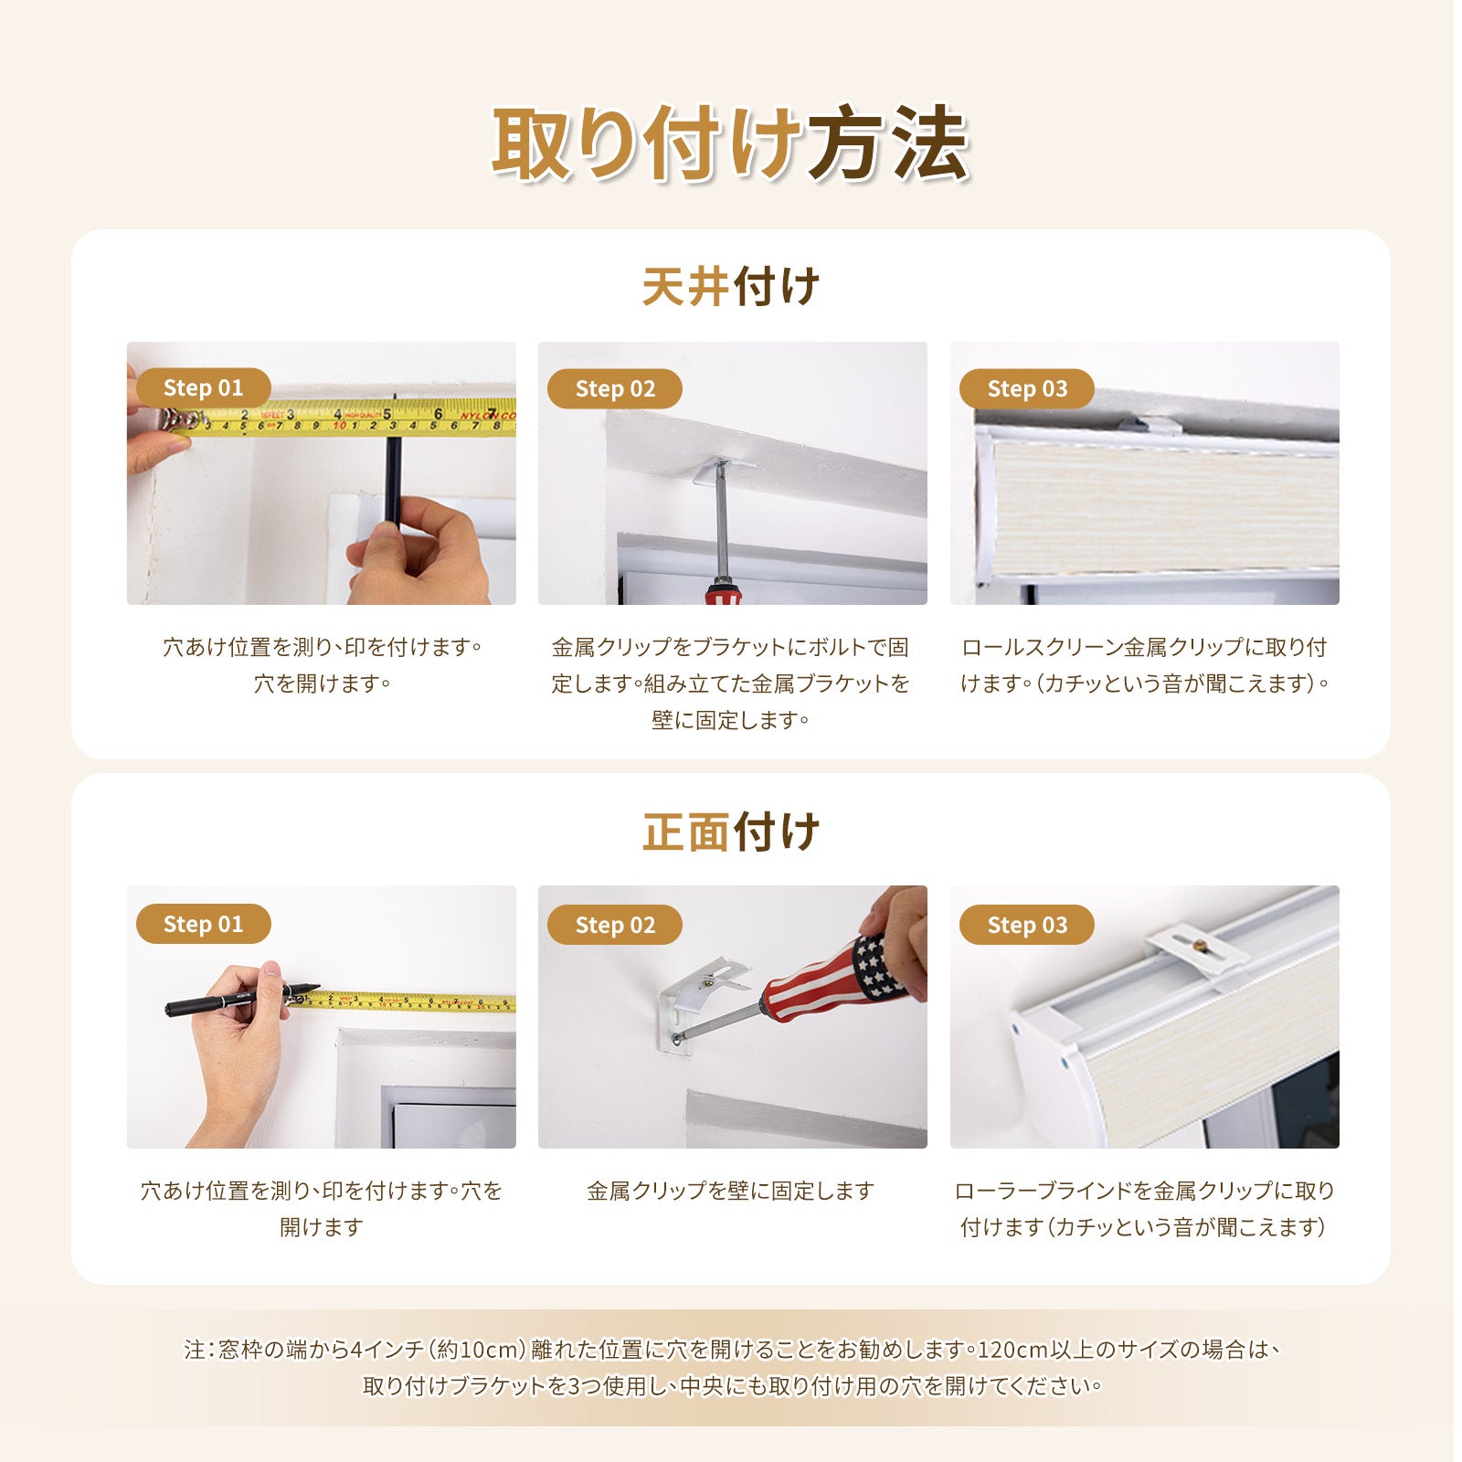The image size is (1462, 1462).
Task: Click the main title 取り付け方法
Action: tap(730, 144)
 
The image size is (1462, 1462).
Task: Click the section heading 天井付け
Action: tap(731, 287)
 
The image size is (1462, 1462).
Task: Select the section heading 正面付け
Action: tap(731, 832)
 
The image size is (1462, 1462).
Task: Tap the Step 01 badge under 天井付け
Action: tap(203, 388)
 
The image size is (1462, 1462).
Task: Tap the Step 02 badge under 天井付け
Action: tap(615, 389)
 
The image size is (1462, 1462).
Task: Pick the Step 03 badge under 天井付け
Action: tap(1027, 389)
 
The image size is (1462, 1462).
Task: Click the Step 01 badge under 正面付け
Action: tap(203, 924)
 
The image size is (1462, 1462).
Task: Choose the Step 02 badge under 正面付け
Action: tap(615, 925)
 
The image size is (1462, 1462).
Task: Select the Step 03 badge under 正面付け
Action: tap(1027, 925)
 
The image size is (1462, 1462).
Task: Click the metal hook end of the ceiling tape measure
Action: tap(181, 421)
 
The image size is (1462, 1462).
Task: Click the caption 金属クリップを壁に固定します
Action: tap(731, 1191)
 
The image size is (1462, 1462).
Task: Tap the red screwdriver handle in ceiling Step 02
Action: tap(722, 592)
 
